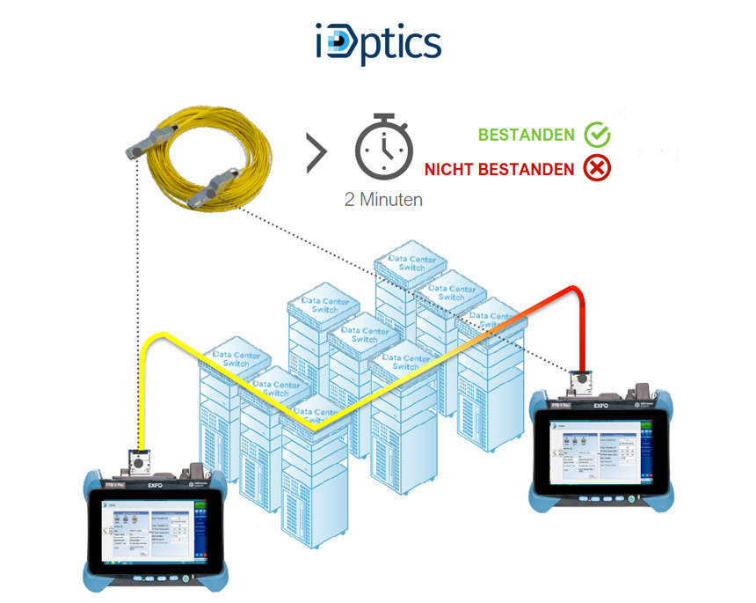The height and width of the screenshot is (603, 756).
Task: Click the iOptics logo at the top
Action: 378,42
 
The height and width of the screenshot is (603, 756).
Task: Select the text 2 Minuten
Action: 383,199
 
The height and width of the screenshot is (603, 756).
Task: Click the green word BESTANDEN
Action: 527,136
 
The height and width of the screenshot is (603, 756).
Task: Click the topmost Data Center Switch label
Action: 406,262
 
